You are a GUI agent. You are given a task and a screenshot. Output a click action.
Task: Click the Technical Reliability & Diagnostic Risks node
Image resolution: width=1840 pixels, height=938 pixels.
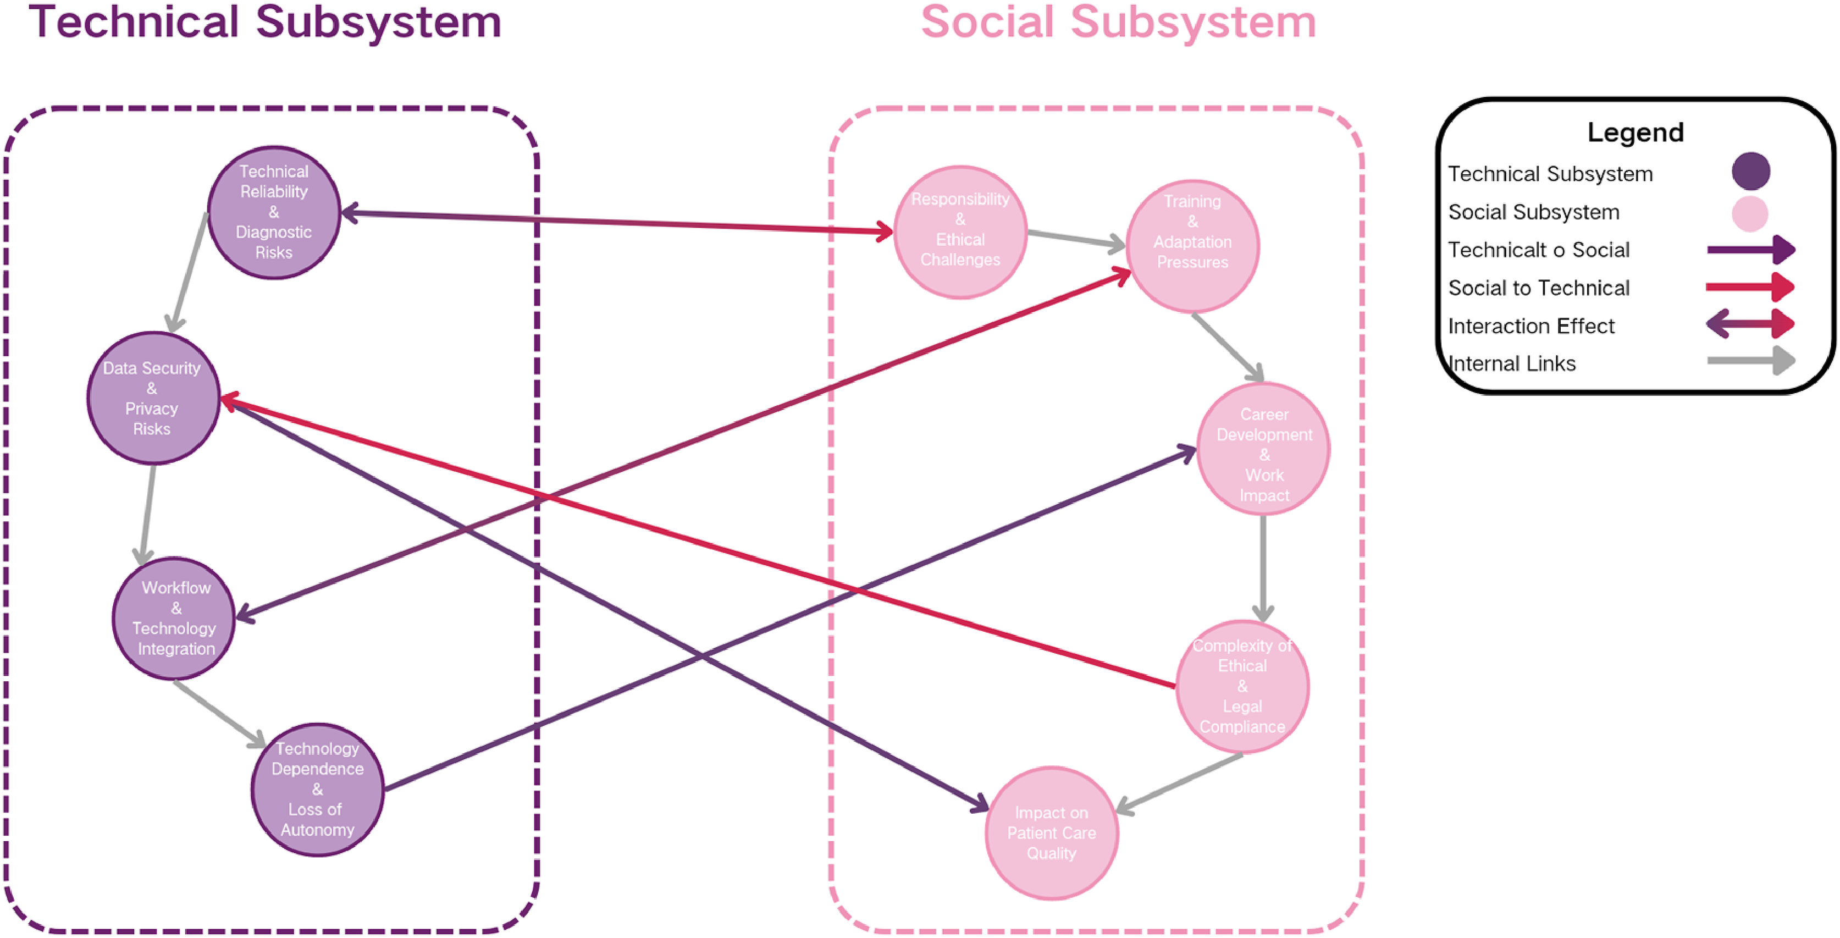click(x=274, y=212)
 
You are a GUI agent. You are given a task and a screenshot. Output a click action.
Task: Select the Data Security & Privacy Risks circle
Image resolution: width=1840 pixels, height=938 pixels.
click(x=153, y=398)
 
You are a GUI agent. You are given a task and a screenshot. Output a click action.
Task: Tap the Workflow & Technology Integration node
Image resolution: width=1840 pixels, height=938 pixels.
click(x=175, y=618)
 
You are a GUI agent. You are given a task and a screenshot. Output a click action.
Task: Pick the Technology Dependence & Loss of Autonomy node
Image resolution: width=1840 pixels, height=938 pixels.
click(x=318, y=790)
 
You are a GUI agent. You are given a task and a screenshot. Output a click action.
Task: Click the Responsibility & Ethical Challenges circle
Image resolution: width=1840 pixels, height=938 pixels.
click(x=960, y=231)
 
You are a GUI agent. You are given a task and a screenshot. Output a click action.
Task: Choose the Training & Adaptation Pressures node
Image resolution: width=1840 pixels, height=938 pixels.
click(x=1192, y=246)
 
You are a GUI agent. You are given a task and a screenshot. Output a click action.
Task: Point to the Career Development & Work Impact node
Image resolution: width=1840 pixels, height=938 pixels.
click(x=1263, y=449)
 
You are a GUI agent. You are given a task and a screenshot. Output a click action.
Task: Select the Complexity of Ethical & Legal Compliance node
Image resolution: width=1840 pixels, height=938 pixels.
click(x=1242, y=686)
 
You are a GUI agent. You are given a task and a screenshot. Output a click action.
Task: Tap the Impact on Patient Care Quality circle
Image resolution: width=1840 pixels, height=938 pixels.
click(x=1052, y=832)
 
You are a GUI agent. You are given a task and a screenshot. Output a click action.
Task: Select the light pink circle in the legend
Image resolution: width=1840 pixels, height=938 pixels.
click(x=1749, y=213)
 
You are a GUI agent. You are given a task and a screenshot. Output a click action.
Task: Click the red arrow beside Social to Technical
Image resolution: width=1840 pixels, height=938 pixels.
click(x=1749, y=287)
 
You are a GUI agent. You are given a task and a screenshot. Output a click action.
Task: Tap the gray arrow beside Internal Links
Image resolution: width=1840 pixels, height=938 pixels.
click(x=1750, y=361)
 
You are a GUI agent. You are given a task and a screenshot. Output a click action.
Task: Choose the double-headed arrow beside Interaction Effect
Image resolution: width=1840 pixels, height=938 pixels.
click(x=1750, y=324)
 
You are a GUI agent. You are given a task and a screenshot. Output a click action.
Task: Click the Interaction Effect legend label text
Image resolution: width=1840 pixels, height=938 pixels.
click(x=1530, y=325)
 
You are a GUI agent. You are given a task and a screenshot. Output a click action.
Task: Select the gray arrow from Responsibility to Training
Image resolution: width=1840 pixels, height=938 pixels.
click(x=1075, y=239)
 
